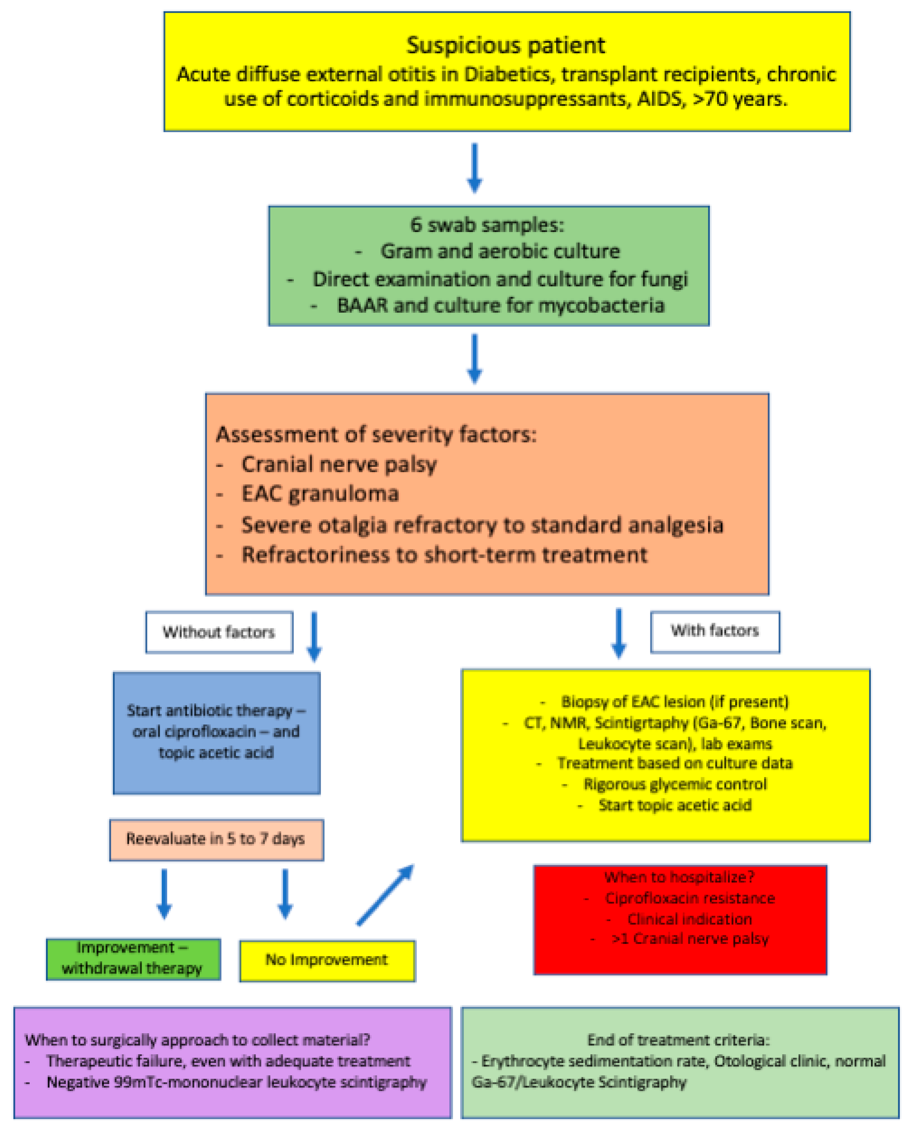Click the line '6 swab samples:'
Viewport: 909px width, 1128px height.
pos(487,225)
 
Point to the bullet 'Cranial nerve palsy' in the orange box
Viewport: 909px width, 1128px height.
pos(339,464)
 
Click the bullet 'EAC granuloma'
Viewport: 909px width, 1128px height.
pos(320,494)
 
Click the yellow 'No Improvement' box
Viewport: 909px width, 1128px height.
pos(327,960)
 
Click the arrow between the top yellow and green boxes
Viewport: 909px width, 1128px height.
pos(474,168)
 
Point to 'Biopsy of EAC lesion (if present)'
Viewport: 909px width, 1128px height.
pos(674,702)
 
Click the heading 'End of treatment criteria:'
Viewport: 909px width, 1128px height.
pos(678,1040)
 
